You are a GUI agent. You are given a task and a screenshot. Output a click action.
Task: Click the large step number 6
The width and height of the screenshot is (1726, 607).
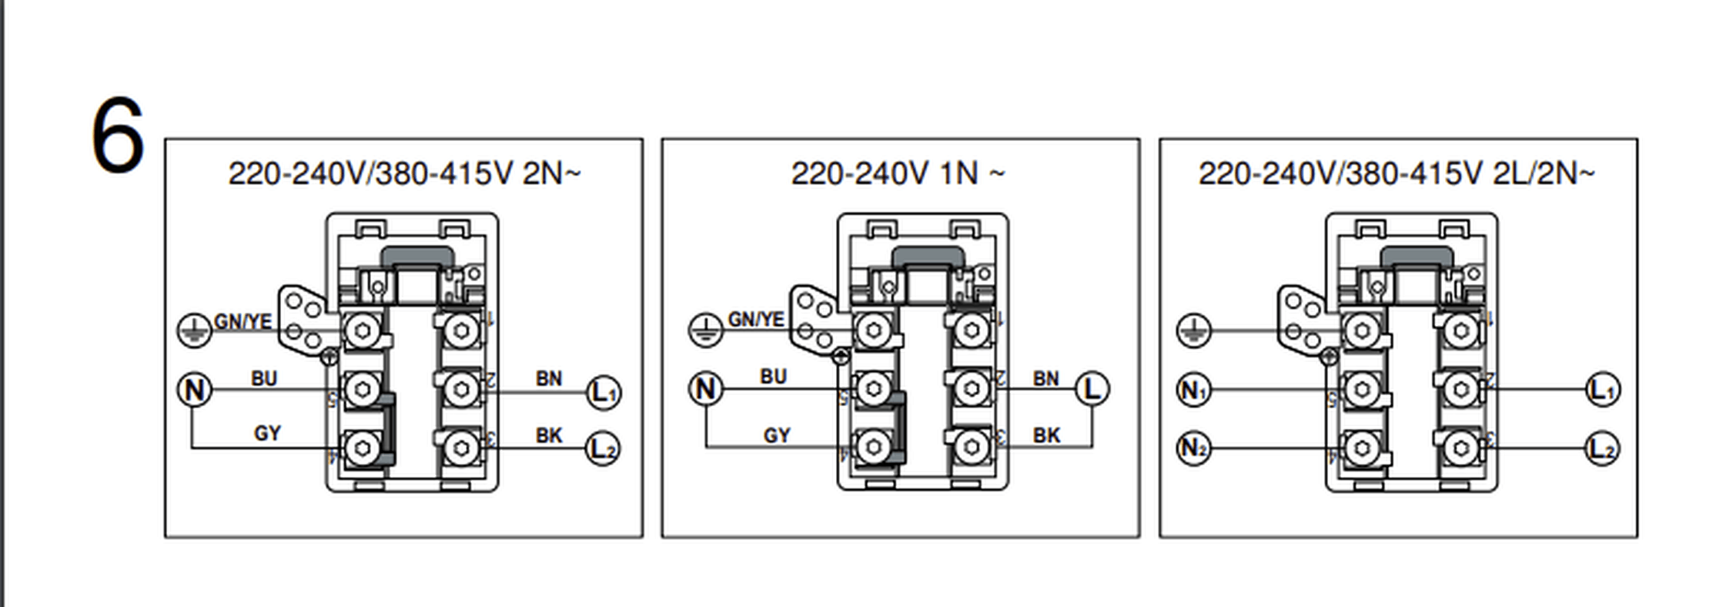[x=118, y=136]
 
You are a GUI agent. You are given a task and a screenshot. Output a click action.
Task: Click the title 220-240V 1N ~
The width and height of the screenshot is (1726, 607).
[x=898, y=173]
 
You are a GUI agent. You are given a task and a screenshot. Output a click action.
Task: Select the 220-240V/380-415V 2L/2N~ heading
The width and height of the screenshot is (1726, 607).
[x=1397, y=173]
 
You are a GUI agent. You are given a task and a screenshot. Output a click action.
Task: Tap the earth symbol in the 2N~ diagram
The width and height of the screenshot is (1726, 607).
[x=194, y=330]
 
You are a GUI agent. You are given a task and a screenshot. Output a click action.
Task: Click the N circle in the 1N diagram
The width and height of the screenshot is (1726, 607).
[x=705, y=389]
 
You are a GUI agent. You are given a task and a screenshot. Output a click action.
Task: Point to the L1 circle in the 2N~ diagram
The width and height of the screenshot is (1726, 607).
[x=604, y=392]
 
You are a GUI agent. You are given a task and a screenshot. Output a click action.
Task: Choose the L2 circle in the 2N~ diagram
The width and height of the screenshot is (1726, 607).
[x=604, y=448]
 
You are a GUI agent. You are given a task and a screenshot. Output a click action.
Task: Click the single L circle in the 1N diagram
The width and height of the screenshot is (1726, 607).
[x=1092, y=389]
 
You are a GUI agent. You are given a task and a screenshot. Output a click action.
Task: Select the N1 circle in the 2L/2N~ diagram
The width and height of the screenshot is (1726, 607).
[x=1193, y=391]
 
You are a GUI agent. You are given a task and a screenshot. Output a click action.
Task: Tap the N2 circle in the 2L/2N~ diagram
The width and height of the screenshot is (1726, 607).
[x=1193, y=448]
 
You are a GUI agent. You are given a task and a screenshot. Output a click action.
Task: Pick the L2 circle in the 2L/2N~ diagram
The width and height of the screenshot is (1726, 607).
[x=1602, y=448]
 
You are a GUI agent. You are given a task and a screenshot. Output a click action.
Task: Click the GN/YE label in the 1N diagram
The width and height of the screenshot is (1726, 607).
[x=756, y=319]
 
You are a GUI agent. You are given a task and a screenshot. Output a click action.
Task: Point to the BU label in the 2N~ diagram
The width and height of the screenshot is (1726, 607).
[x=263, y=378]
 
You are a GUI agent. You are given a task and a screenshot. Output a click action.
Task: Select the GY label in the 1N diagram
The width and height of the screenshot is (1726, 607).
[x=777, y=435]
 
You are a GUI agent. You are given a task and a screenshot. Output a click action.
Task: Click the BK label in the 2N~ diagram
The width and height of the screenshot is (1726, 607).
[x=549, y=435]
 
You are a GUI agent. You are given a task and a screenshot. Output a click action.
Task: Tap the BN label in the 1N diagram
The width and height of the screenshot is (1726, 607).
[x=1045, y=378]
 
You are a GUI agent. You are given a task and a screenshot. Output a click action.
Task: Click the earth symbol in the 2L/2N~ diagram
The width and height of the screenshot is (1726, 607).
[x=1193, y=330]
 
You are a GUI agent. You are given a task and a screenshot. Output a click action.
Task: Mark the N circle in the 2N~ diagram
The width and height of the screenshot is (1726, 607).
[x=194, y=390]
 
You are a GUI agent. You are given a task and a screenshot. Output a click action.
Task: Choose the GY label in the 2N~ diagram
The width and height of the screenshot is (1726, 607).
[x=267, y=433]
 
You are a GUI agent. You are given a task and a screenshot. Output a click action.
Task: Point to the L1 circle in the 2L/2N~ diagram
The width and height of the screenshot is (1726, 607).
[x=1602, y=390]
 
